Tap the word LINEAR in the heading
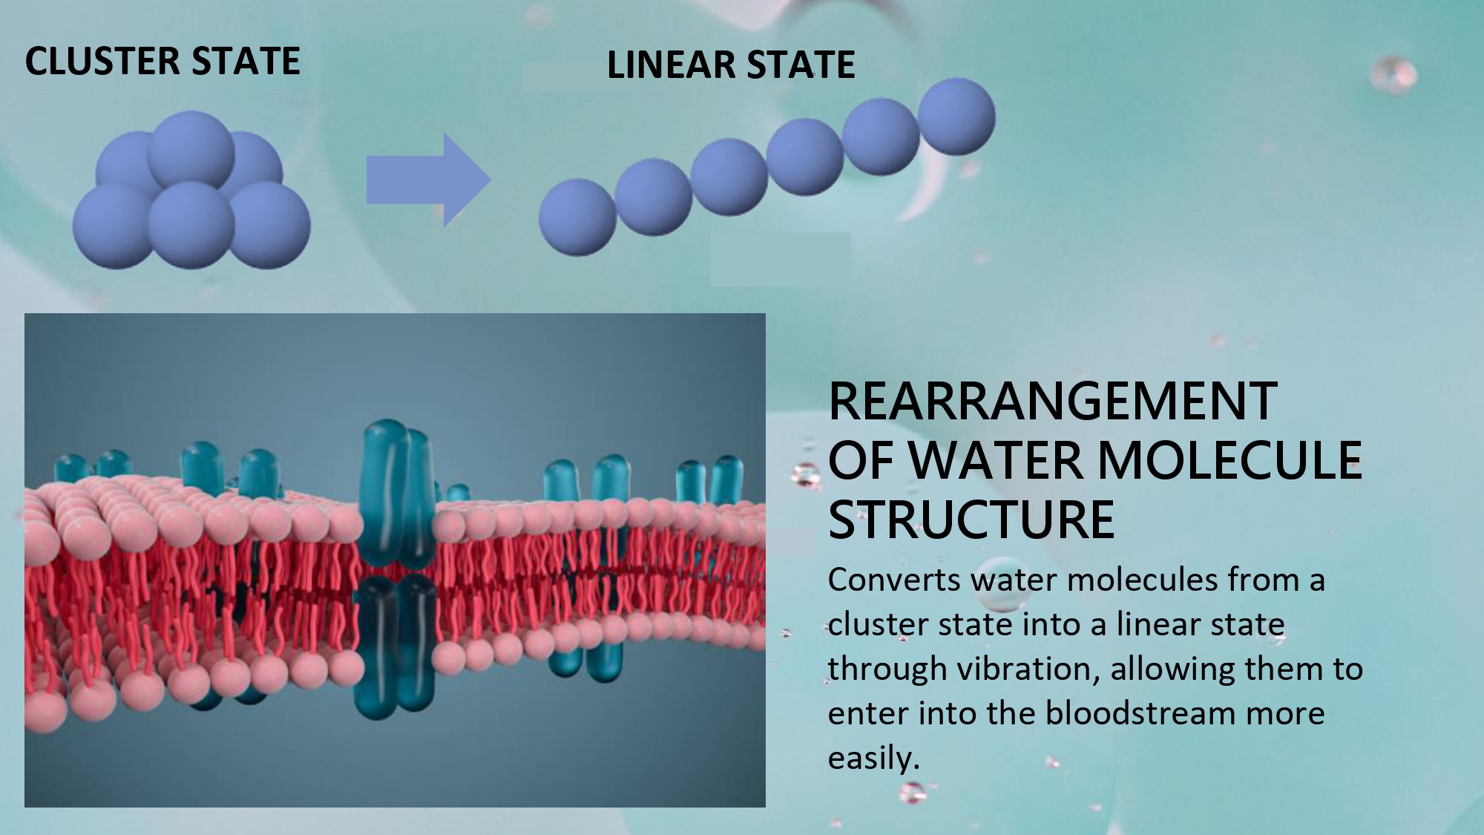point(671,65)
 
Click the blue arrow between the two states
point(429,180)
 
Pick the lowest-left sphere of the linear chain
point(577,217)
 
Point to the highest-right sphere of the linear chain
point(956,117)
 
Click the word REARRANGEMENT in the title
point(1053,402)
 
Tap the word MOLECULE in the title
point(1229,460)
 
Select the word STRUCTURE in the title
point(971,519)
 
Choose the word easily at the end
point(873,759)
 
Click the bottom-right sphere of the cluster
point(268,225)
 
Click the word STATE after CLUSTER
point(246,61)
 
